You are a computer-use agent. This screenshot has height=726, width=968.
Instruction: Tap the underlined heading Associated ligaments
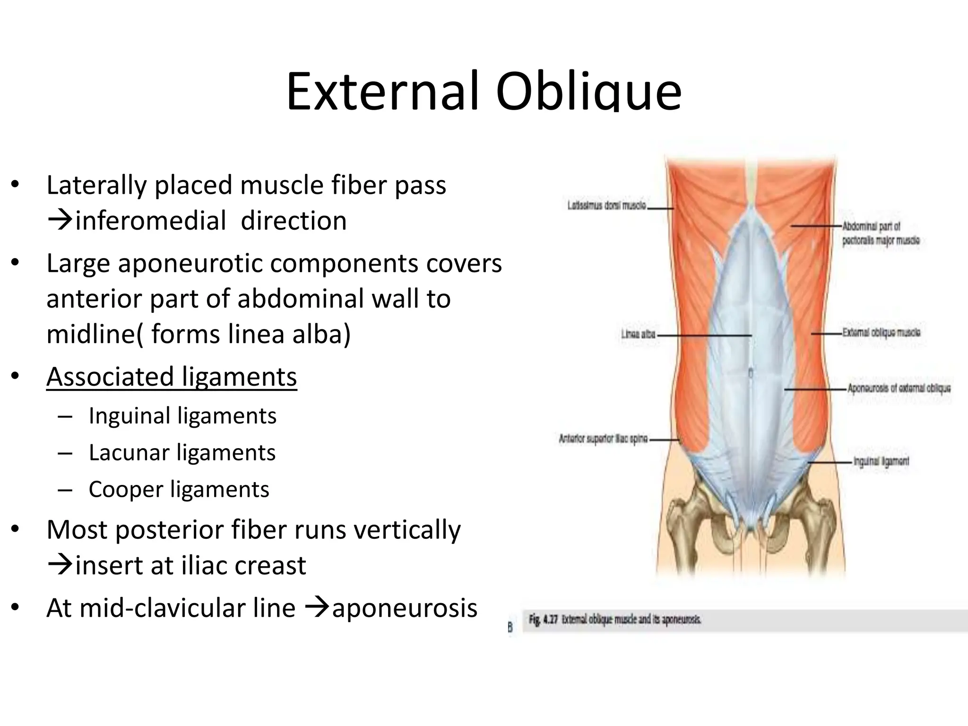pyautogui.click(x=172, y=377)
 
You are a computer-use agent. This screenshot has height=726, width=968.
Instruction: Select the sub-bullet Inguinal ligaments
pyautogui.click(x=182, y=416)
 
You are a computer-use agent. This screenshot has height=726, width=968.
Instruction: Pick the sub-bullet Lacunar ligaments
pyautogui.click(x=182, y=452)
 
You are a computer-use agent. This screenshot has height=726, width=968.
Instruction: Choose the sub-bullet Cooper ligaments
pyautogui.click(x=179, y=489)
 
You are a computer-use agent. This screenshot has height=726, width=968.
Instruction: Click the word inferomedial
pyautogui.click(x=150, y=221)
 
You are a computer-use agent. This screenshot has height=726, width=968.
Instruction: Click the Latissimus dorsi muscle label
pyautogui.click(x=607, y=206)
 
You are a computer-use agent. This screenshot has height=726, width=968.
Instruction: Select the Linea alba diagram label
pyautogui.click(x=638, y=335)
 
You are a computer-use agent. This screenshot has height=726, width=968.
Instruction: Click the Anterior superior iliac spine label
pyautogui.click(x=603, y=439)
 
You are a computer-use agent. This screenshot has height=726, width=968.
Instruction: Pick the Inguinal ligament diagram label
pyautogui.click(x=881, y=461)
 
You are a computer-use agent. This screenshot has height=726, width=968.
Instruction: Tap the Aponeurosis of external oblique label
pyautogui.click(x=899, y=389)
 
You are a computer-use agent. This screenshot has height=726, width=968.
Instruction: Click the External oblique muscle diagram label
pyautogui.click(x=881, y=333)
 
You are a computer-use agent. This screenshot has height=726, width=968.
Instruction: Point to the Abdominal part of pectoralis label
pyautogui.click(x=881, y=233)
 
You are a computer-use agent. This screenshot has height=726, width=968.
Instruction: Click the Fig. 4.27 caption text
pyautogui.click(x=614, y=620)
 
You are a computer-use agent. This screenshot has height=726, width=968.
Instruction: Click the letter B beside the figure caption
pyautogui.click(x=510, y=628)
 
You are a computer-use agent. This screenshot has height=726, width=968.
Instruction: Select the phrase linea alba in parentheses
pyautogui.click(x=289, y=334)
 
